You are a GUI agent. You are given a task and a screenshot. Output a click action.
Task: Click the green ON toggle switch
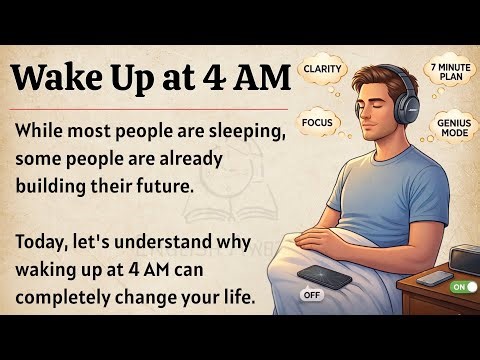click(x=463, y=287)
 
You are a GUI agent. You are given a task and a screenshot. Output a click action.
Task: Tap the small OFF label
click(x=311, y=295)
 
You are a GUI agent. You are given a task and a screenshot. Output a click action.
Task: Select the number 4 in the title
click(x=222, y=76)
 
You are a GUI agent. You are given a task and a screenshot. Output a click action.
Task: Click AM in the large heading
click(x=265, y=76)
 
